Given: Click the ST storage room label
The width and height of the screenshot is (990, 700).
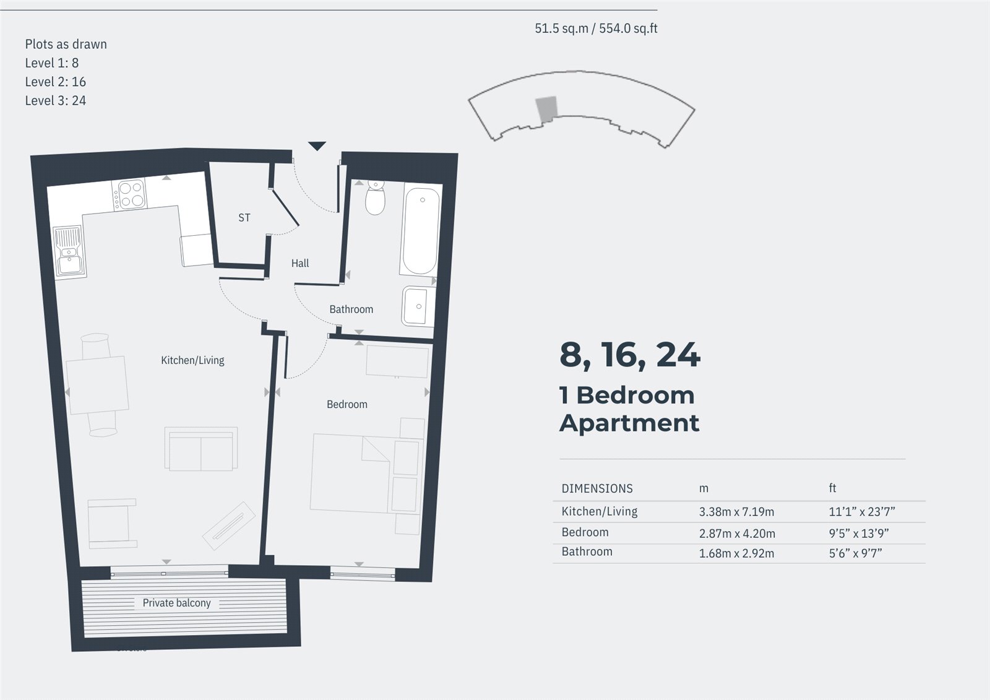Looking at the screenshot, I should (244, 218).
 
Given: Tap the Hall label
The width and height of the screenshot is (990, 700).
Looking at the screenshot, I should (300, 263).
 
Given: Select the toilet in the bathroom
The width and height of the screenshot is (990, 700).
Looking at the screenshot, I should (375, 197).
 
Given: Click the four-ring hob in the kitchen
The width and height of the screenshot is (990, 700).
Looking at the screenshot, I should (130, 194).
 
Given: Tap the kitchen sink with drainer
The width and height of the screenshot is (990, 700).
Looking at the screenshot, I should (69, 251).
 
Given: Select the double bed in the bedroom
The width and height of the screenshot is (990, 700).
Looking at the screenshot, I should (350, 473).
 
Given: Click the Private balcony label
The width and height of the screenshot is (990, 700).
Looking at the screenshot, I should (176, 603).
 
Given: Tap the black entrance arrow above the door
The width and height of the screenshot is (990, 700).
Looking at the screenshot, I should (317, 147).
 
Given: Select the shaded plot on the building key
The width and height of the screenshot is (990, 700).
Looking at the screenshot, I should (546, 108).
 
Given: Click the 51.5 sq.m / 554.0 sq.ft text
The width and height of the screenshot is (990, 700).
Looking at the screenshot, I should (595, 28).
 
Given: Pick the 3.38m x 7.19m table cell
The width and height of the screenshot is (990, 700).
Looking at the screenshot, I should (736, 512).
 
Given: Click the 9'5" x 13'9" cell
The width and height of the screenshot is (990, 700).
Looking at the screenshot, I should (858, 533).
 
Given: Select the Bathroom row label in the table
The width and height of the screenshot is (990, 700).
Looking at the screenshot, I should (587, 551).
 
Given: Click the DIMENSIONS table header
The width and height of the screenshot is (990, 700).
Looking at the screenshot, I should (596, 488).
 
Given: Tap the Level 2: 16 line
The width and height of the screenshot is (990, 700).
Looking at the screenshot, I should (55, 82).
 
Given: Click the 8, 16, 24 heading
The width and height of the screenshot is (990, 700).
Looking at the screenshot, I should (629, 355).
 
